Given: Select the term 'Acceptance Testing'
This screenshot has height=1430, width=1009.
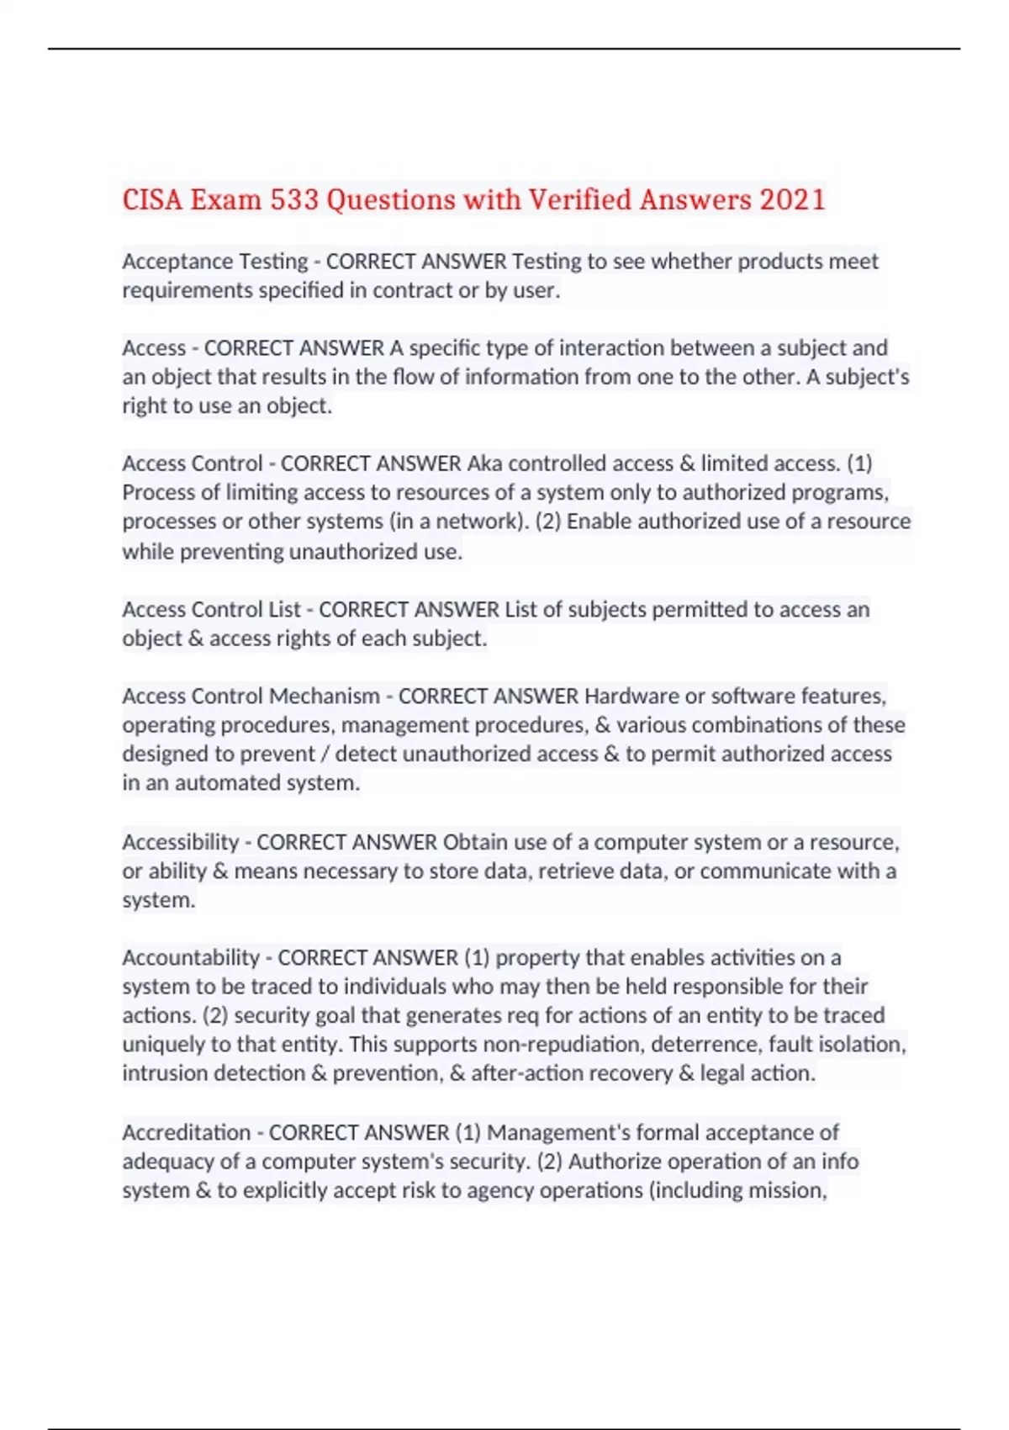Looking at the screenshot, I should point(215,262).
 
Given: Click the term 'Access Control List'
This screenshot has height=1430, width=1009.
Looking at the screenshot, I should point(211,609).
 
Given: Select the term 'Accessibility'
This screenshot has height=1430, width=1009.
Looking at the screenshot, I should point(181,842).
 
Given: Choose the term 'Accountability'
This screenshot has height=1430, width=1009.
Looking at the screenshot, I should point(191,957).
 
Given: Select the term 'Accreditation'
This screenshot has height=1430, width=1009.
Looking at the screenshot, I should point(186,1132).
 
